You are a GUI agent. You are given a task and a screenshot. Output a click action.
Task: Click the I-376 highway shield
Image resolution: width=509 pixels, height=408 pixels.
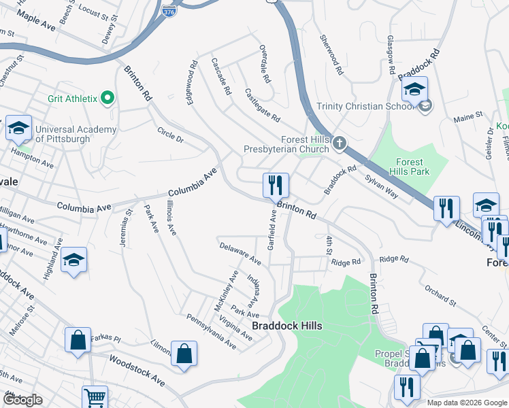(x=169, y=12)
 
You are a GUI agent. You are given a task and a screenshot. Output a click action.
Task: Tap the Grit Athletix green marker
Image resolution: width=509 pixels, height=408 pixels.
(x=107, y=99)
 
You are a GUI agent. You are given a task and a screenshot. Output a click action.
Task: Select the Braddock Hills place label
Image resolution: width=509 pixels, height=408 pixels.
(x=286, y=326)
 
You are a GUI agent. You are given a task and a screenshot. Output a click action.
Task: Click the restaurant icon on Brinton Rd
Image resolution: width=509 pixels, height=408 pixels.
(x=276, y=186)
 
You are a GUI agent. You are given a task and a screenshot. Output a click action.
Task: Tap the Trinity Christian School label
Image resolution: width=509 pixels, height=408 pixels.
(x=365, y=106)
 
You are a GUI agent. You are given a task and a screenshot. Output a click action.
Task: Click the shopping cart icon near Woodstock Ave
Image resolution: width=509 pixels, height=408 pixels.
(x=95, y=398)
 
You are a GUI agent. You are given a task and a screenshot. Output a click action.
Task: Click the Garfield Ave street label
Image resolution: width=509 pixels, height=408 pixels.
(x=272, y=230)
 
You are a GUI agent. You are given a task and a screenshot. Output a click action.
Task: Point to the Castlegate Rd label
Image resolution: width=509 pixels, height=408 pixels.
(x=262, y=105)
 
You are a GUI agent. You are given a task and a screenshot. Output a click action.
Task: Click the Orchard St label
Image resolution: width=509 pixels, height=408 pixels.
(x=439, y=292)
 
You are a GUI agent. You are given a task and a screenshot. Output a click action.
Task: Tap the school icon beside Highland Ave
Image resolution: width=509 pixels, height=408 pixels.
(x=73, y=260)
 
